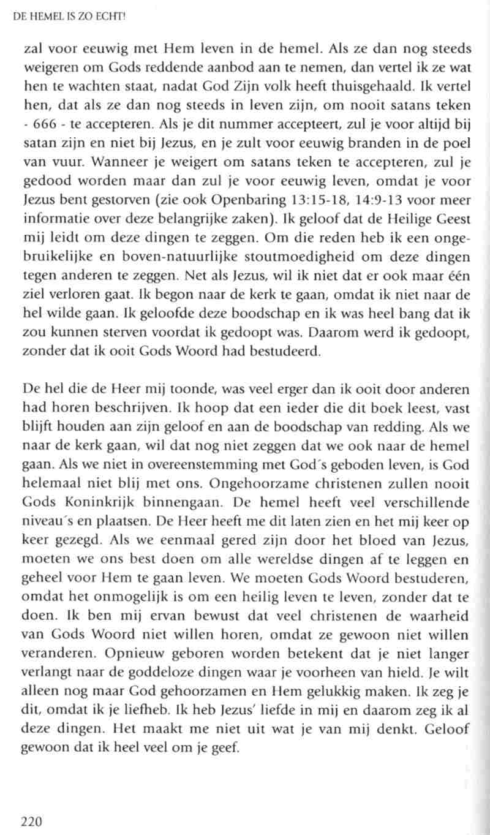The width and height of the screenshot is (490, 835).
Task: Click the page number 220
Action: point(31,821)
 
